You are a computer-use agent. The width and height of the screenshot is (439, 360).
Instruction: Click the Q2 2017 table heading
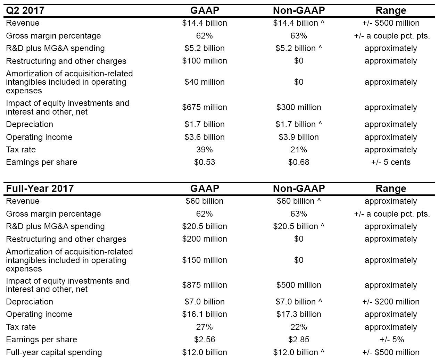click(25, 10)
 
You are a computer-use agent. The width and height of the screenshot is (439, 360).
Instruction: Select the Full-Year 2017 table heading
click(40, 189)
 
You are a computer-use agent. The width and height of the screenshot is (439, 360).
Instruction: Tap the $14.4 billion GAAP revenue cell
click(205, 23)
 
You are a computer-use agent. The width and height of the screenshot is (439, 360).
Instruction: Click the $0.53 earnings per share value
click(205, 162)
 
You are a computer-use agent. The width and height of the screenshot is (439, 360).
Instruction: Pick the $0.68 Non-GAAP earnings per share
click(299, 162)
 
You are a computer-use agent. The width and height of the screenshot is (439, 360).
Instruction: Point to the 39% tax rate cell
click(205, 150)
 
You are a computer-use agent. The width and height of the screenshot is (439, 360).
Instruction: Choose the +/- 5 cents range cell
click(391, 162)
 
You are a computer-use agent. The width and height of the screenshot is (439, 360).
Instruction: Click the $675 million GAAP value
click(205, 107)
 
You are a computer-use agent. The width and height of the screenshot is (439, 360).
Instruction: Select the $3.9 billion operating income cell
click(299, 137)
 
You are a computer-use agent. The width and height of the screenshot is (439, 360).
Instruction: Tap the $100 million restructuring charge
click(205, 61)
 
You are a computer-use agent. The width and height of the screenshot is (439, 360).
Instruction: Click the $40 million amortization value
click(205, 82)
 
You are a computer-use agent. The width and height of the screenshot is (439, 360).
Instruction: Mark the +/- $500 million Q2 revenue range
click(391, 23)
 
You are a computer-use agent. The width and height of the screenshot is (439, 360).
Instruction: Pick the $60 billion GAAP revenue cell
click(205, 201)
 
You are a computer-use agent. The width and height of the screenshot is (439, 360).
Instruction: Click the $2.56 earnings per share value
click(205, 340)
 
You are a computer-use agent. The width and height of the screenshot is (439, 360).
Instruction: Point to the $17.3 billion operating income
click(299, 314)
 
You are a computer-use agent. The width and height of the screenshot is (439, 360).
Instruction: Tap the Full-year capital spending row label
click(54, 352)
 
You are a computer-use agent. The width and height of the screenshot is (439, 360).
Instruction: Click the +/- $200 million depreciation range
click(391, 302)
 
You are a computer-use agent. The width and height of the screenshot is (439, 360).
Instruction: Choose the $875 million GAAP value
click(205, 285)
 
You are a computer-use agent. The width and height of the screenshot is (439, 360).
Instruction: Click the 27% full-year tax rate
click(205, 327)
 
